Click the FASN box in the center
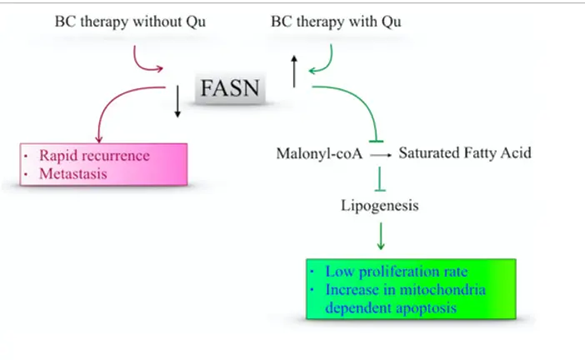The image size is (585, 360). (230, 88)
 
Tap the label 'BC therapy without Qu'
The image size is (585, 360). (130, 22)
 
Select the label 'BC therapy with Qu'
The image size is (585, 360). (336, 22)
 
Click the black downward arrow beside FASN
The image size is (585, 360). (177, 102)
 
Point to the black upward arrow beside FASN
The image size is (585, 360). (294, 72)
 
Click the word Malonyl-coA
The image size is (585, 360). (319, 153)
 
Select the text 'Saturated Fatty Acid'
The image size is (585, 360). (465, 153)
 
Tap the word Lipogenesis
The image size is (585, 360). (380, 206)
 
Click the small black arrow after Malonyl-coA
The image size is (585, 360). (381, 155)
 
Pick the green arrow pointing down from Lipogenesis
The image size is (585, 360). (381, 236)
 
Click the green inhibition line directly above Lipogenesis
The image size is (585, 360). (380, 179)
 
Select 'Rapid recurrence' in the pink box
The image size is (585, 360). (94, 156)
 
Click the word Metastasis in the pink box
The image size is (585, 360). (73, 174)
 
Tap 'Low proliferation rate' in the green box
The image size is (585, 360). (396, 272)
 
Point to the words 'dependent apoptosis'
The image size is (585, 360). (391, 308)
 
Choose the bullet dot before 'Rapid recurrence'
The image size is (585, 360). (26, 156)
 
